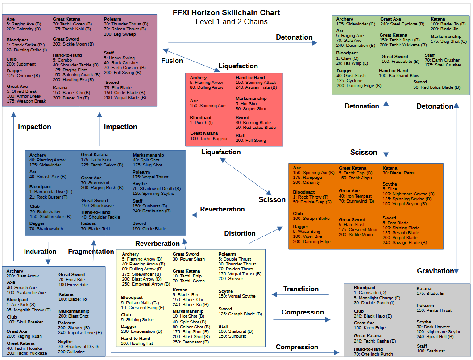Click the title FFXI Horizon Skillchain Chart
pyautogui.click(x=226, y=12)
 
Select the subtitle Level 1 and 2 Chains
pyautogui.click(x=231, y=21)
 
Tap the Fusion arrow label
pyautogui.click(x=172, y=61)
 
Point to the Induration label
pyautogui.click(x=40, y=252)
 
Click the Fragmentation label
pyautogui.click(x=91, y=252)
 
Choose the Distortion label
pyautogui.click(x=240, y=233)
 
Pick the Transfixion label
pyautogui.click(x=301, y=289)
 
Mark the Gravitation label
pyautogui.click(x=435, y=271)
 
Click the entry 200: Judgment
pyautogui.click(x=21, y=64)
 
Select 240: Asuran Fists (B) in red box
pyautogui.click(x=257, y=87)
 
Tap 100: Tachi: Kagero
pyautogui.click(x=208, y=139)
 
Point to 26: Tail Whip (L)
pyautogui.click(x=352, y=63)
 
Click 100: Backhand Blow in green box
pyautogui.click(x=399, y=76)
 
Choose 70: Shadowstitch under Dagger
pyautogui.click(x=46, y=229)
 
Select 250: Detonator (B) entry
pyautogui.click(x=191, y=342)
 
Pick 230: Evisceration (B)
pyautogui.click(x=141, y=331)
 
